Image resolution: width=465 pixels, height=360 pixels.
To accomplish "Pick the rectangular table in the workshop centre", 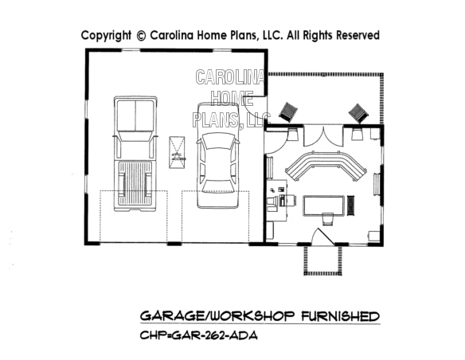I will click(324, 205).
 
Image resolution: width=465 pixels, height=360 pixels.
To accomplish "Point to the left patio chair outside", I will click(288, 112).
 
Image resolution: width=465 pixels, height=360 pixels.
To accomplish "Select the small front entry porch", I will click(323, 260).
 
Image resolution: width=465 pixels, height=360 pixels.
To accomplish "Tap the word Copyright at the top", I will click(106, 35).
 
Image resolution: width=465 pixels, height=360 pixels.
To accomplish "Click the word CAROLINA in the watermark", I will click(232, 78).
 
